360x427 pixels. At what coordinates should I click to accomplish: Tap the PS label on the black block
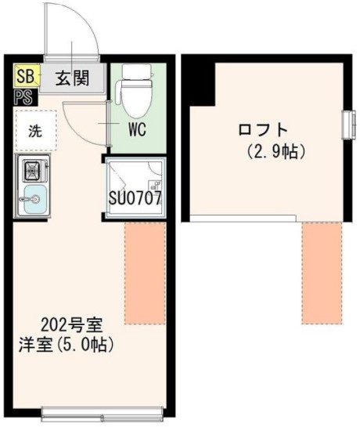tap(23, 98)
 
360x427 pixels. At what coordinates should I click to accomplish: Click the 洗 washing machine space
tap(35, 131)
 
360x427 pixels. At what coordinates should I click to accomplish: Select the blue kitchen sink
tap(34, 201)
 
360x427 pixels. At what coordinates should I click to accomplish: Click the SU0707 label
tap(135, 197)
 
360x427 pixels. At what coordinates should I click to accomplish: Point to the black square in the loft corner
tap(199, 76)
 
